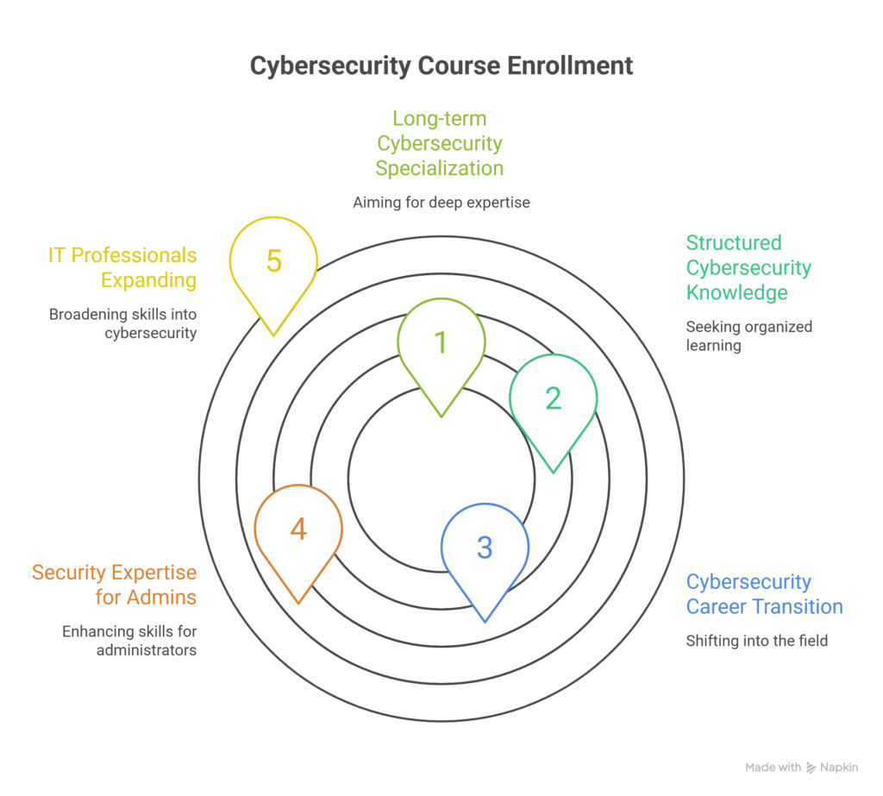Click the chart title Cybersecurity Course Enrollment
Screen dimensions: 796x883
pyautogui.click(x=441, y=66)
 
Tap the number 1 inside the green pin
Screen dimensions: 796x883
pyautogui.click(x=441, y=342)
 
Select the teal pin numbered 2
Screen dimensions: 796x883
pyautogui.click(x=553, y=398)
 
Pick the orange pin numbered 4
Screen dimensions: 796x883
pyautogui.click(x=298, y=529)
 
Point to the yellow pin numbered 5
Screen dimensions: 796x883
pyautogui.click(x=273, y=261)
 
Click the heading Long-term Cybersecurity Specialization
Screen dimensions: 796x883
pyautogui.click(x=448, y=142)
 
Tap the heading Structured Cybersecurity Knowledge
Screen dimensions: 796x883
pyautogui.click(x=748, y=267)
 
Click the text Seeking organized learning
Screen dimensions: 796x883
pyautogui.click(x=748, y=335)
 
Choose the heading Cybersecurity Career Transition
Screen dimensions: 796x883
pyautogui.click(x=764, y=594)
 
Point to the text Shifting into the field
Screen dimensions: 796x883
pyautogui.click(x=756, y=641)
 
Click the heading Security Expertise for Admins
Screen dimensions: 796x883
pyautogui.click(x=114, y=585)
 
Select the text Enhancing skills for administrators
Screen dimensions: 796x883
pyautogui.click(x=129, y=640)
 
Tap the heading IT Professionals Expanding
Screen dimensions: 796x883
pyautogui.click(x=122, y=267)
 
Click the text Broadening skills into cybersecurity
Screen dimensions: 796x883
pyautogui.click(x=122, y=323)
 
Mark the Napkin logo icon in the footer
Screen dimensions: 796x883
pyautogui.click(x=811, y=768)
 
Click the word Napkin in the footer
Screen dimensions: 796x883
pyautogui.click(x=839, y=768)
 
